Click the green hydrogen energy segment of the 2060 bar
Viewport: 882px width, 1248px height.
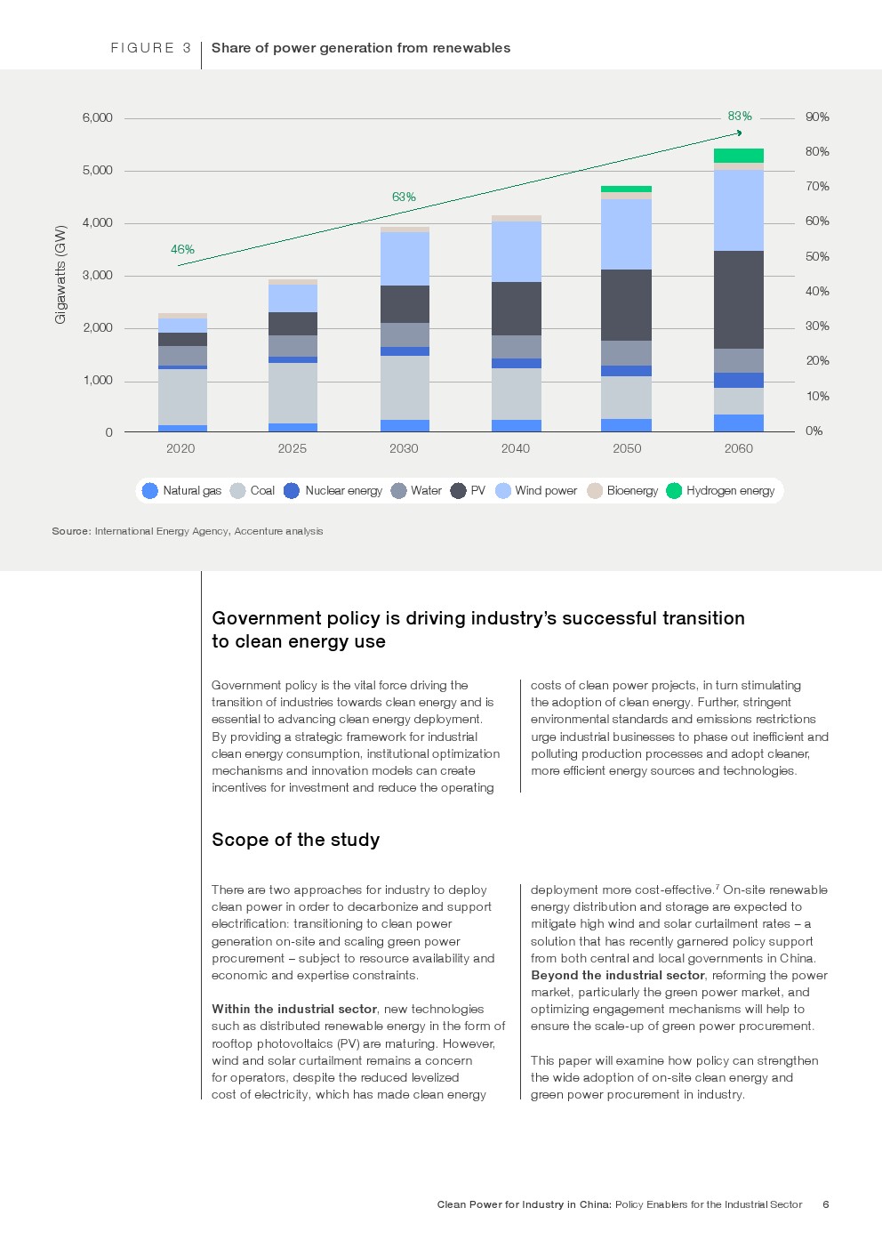738,156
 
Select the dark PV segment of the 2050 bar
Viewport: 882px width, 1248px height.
626,305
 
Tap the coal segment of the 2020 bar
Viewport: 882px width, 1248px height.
182,397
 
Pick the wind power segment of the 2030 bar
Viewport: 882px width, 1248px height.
405,259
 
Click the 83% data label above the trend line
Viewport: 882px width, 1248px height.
740,117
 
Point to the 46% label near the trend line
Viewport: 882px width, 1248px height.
182,250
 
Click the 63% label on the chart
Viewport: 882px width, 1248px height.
404,197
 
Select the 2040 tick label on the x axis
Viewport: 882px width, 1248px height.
516,449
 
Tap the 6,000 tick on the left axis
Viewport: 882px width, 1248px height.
98,117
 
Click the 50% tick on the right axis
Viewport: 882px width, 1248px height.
817,257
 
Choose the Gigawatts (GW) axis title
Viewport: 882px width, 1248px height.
60,274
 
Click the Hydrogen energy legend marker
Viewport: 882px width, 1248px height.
674,491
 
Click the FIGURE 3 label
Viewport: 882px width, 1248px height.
150,48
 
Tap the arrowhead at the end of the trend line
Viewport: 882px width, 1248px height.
739,133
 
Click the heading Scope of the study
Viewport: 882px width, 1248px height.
295,840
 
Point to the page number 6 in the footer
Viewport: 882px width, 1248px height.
826,1204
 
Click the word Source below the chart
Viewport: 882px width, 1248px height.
70,531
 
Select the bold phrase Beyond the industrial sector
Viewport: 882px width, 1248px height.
618,975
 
